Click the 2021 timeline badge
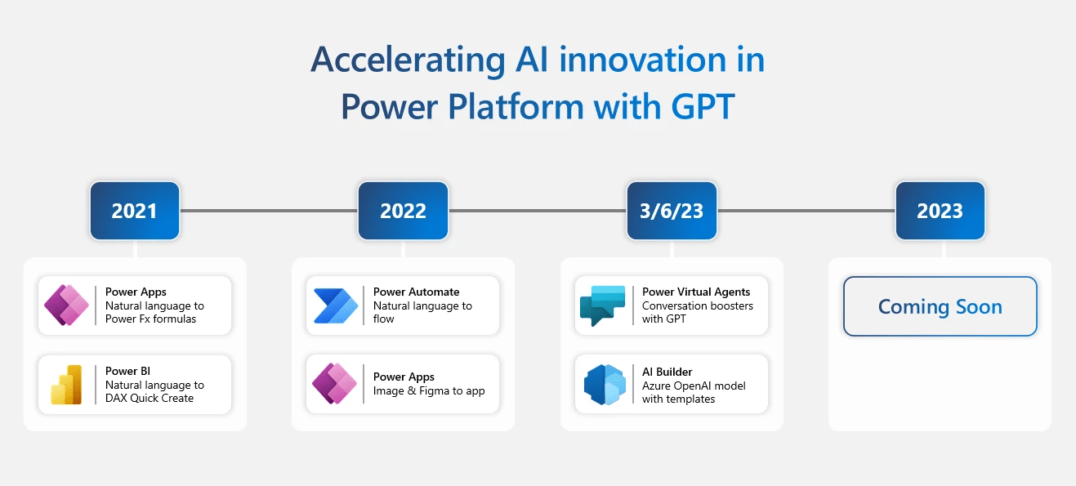pyautogui.click(x=135, y=211)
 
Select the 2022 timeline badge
pyautogui.click(x=403, y=211)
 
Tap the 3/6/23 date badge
pyautogui.click(x=672, y=211)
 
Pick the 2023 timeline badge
pyautogui.click(x=940, y=211)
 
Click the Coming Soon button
pyautogui.click(x=940, y=306)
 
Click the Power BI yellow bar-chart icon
pyautogui.click(x=67, y=385)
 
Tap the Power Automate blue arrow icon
pyautogui.click(x=336, y=305)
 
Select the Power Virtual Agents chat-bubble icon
pyautogui.click(x=603, y=305)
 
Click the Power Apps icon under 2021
pyautogui.click(x=67, y=305)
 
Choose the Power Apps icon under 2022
pyautogui.click(x=335, y=384)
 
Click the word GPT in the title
pyautogui.click(x=699, y=106)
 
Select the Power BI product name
pyautogui.click(x=127, y=371)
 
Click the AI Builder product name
pyautogui.click(x=667, y=372)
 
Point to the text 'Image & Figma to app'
pyautogui.click(x=429, y=390)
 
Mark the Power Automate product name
pyautogui.click(x=416, y=292)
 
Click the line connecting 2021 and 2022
pyautogui.click(x=269, y=211)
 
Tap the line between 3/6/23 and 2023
pyautogui.click(x=806, y=211)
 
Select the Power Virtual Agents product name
pyautogui.click(x=696, y=292)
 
